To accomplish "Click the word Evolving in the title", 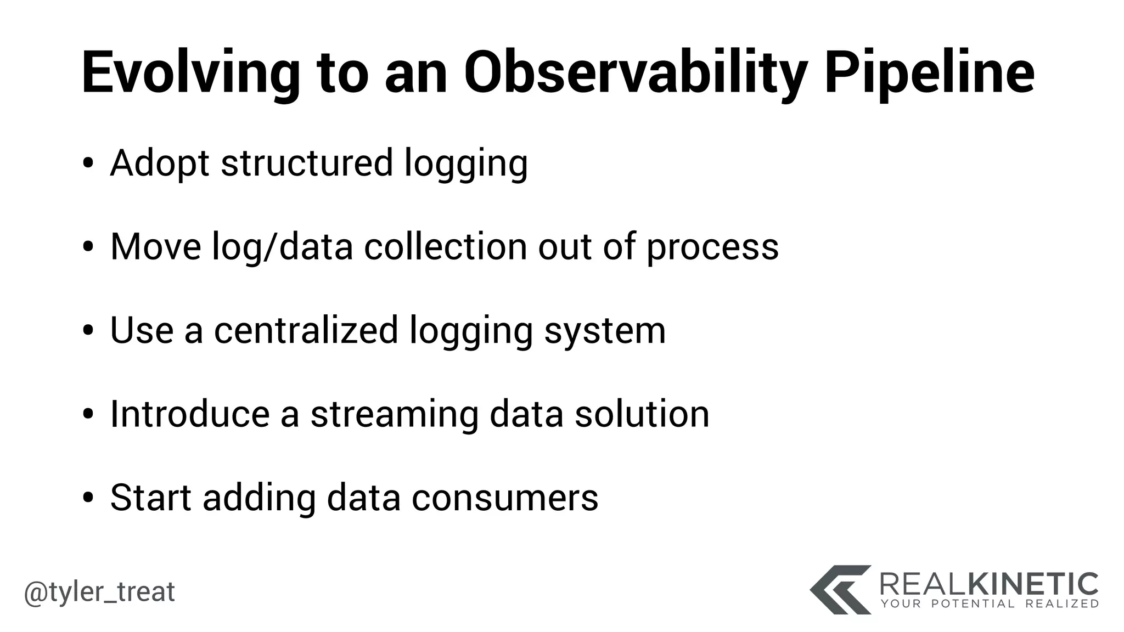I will pos(190,74).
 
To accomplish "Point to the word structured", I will pos(307,163).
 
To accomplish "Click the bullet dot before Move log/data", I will pos(88,247).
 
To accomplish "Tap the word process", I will pos(712,248).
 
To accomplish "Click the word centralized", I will pos(306,330).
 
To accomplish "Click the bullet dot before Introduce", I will pos(88,415).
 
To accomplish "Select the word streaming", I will pos(395,415).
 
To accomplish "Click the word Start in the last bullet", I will pos(151,498).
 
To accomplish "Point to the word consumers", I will pos(504,499).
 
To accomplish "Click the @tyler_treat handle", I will pos(99,592).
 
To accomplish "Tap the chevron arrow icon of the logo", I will pos(840,589).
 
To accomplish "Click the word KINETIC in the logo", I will pos(1032,584).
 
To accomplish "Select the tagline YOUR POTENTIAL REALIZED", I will pos(990,604).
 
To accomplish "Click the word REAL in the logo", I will pos(922,584).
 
